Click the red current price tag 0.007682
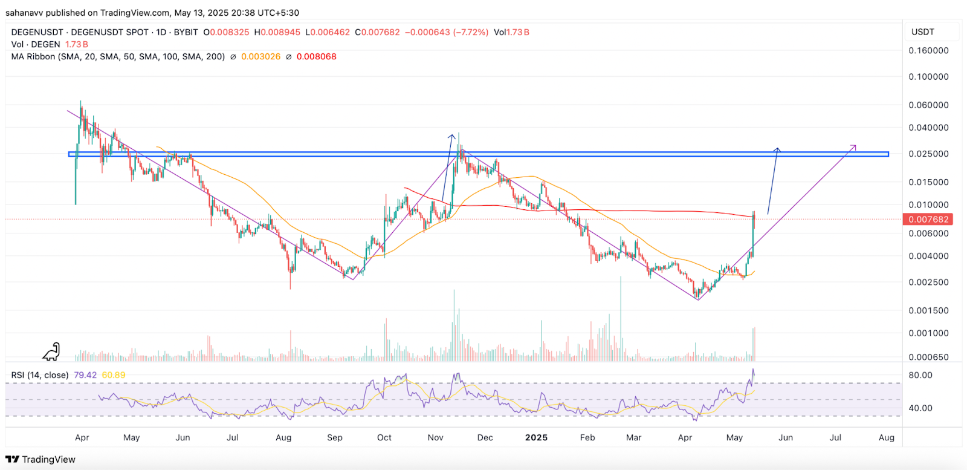(x=928, y=220)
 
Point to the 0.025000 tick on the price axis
(x=928, y=154)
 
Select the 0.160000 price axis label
(x=928, y=51)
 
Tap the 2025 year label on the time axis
(x=536, y=437)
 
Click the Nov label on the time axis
(x=435, y=437)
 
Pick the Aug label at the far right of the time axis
(x=886, y=437)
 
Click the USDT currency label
(x=923, y=32)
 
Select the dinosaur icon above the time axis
(x=51, y=351)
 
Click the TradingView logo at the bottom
(x=40, y=459)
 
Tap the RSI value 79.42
(x=85, y=375)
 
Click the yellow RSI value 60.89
(x=114, y=375)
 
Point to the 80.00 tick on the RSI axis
(x=920, y=375)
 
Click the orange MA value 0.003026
(x=260, y=57)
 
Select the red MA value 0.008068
(x=316, y=57)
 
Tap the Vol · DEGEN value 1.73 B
(x=77, y=45)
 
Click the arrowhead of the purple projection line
(x=854, y=146)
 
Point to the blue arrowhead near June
(x=778, y=149)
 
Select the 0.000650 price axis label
(x=928, y=357)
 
